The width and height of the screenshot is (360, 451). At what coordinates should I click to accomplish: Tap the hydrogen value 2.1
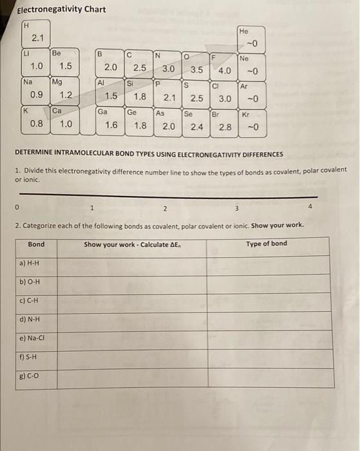pos(38,39)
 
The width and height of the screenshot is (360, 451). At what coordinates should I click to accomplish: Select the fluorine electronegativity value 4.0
pos(225,70)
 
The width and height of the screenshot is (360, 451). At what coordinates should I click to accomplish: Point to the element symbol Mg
pos(57,82)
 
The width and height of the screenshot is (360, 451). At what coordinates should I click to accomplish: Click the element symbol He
pos(243,30)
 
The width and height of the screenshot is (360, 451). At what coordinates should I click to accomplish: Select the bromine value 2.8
pos(225,127)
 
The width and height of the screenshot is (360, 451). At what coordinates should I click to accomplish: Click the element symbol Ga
pos(102,111)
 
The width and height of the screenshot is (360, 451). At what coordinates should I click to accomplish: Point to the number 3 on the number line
pos(236,207)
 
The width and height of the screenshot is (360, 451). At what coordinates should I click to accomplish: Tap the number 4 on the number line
pos(310,207)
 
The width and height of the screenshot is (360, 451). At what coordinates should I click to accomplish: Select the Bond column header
pos(37,244)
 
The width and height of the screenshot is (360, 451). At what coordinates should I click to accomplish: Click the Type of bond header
pos(267,244)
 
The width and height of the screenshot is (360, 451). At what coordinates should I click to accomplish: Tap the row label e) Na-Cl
pos(33,337)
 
